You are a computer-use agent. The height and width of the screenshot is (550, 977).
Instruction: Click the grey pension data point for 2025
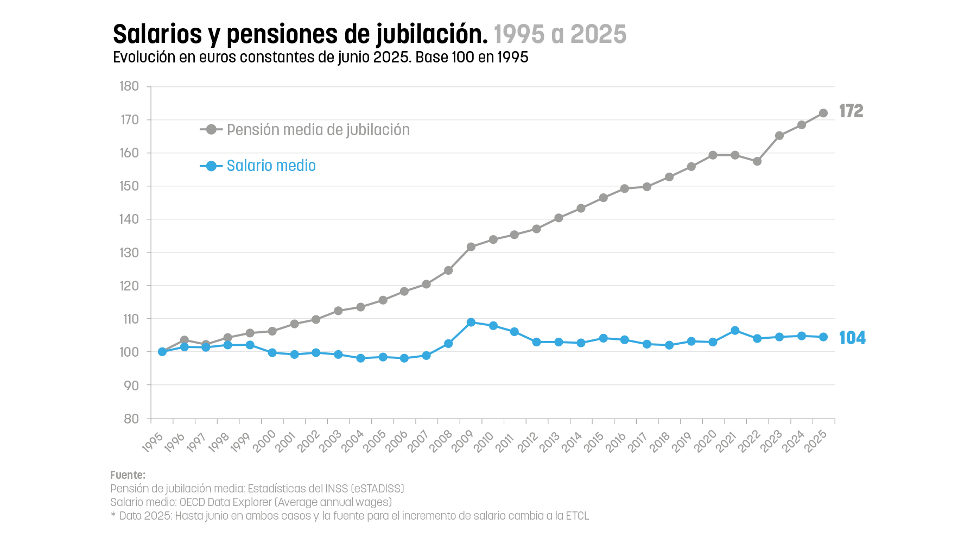pos(823,113)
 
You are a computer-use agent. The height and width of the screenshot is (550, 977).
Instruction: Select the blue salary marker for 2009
pos(471,323)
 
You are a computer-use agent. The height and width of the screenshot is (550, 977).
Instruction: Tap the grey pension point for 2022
pos(757,161)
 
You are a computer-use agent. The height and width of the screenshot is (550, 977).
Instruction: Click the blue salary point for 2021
pos(735,331)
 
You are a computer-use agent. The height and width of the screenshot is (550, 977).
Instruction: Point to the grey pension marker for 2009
pos(471,246)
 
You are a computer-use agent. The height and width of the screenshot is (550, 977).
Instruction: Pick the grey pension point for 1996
pos(184,340)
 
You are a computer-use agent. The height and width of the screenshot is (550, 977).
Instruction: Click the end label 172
pos(851,111)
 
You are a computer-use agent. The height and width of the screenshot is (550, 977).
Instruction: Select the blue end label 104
pos(852,338)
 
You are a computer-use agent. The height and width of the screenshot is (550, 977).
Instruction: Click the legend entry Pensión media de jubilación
pos(318,130)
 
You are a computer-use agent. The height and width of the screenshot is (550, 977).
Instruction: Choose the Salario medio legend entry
pos(271,166)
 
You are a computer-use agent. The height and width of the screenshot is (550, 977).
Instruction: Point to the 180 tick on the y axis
pos(129,86)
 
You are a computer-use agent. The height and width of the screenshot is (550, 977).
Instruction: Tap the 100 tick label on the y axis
pos(129,352)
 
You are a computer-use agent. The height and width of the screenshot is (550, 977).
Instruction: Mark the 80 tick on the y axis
pos(131,419)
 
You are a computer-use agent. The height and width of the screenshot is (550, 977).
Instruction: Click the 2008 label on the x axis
pos(441,442)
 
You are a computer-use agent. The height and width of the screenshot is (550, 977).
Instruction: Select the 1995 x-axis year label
pos(153,442)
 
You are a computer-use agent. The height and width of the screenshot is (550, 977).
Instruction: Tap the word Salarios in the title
pos(157,34)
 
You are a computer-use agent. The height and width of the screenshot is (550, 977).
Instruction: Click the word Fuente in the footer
pos(127,475)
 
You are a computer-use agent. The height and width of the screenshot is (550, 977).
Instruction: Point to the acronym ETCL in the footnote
pos(577,516)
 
